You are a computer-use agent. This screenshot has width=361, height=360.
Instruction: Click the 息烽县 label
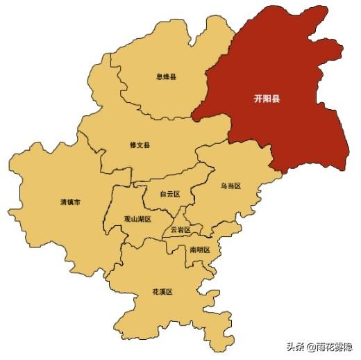[x=166, y=76]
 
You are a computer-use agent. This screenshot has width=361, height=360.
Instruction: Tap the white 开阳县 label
[x=267, y=99]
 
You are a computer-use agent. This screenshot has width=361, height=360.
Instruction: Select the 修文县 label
[x=140, y=145]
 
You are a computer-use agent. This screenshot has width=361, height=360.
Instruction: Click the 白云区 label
[x=169, y=194]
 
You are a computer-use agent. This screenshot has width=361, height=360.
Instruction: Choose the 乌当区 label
[x=230, y=186]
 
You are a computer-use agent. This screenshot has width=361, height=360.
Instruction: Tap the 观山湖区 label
[x=137, y=218]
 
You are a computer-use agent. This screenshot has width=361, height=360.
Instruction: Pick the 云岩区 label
[x=180, y=230]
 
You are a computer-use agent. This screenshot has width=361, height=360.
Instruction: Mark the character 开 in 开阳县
[x=258, y=99]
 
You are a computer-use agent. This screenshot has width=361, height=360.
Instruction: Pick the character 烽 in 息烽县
[x=166, y=76]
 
